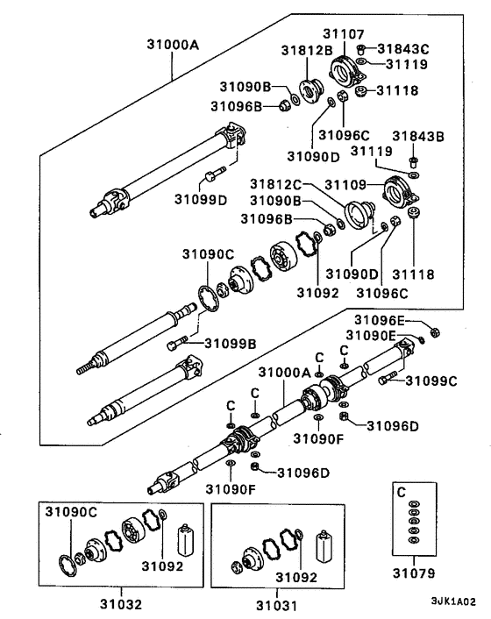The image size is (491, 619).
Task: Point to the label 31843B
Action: [x=418, y=136]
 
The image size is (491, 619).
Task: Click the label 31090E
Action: [x=373, y=335]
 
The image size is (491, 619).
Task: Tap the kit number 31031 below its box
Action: [x=276, y=604]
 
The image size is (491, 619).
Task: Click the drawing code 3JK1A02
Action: [x=452, y=603]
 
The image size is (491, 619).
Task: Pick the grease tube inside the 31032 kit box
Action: [x=184, y=539]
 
